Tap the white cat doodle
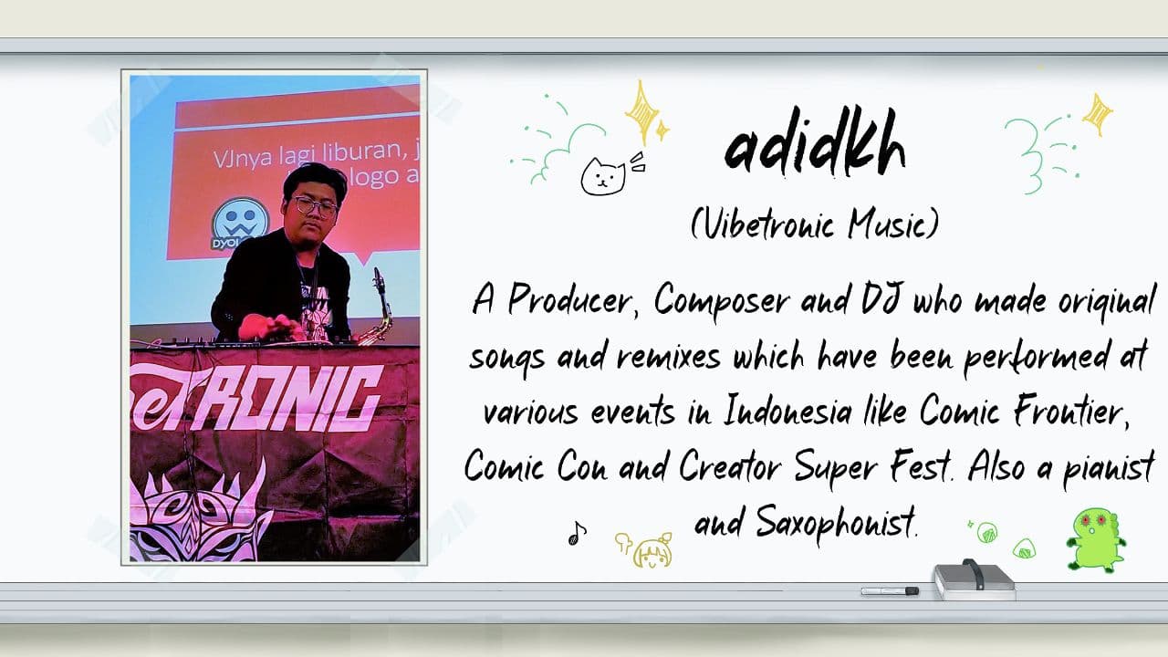tap(603, 177)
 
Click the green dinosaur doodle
tap(1095, 540)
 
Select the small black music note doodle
tap(577, 534)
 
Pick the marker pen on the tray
tap(890, 591)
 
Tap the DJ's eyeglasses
tap(314, 206)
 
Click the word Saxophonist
tap(836, 522)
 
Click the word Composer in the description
tap(722, 301)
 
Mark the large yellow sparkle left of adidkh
tap(642, 111)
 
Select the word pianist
tap(1109, 468)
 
